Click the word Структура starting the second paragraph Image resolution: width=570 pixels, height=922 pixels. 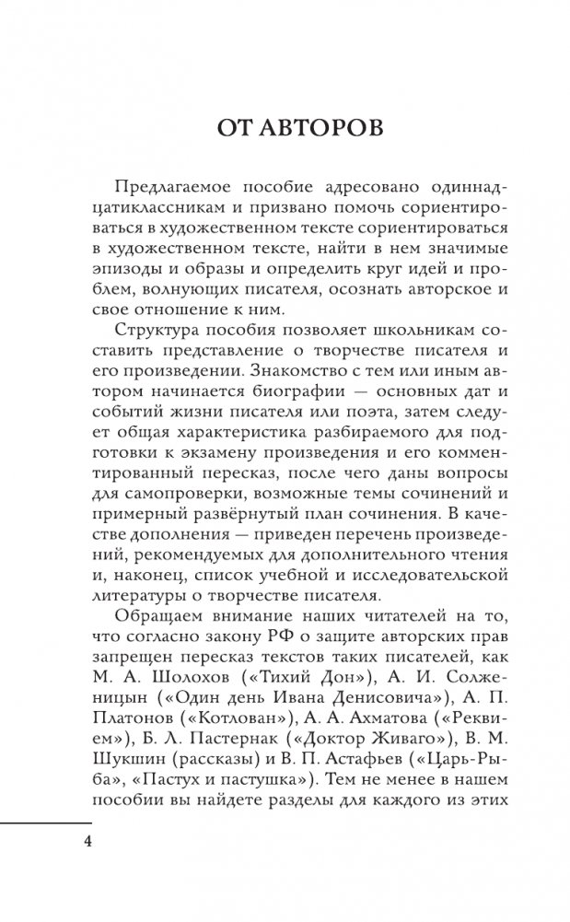tap(162, 355)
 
